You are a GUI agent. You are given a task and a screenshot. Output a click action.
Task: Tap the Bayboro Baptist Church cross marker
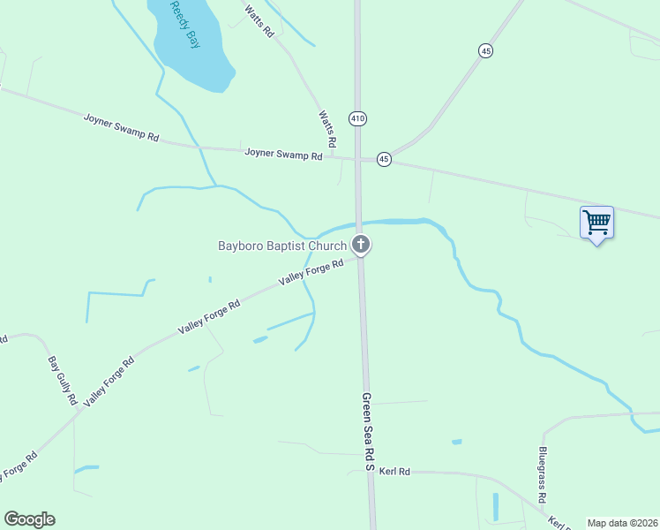click(x=360, y=245)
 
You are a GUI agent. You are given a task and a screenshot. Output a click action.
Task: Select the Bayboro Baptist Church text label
click(x=282, y=246)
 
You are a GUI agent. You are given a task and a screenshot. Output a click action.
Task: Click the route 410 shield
click(x=357, y=118)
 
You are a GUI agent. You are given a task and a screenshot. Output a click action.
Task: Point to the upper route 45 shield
click(x=486, y=52)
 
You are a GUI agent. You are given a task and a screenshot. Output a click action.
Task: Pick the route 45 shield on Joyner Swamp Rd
click(x=384, y=159)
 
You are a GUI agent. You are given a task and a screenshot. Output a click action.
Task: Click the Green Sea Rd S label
click(x=368, y=433)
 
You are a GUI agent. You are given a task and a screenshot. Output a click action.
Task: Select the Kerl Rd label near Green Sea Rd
click(x=394, y=472)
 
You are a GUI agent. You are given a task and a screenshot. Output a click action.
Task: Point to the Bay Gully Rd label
click(x=63, y=381)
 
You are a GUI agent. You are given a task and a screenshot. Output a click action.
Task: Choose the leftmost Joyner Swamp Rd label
click(x=121, y=128)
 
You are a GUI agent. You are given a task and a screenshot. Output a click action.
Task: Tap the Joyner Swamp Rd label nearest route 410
click(x=283, y=154)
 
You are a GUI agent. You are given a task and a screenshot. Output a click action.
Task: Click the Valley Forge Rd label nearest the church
click(x=311, y=272)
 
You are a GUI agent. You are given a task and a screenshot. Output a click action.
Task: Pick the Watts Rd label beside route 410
click(x=326, y=129)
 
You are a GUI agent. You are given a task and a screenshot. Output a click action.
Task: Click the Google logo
click(x=29, y=519)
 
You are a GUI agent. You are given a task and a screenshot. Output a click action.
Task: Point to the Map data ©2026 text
click(x=622, y=523)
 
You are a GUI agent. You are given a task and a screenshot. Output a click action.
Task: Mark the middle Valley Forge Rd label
click(x=209, y=317)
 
